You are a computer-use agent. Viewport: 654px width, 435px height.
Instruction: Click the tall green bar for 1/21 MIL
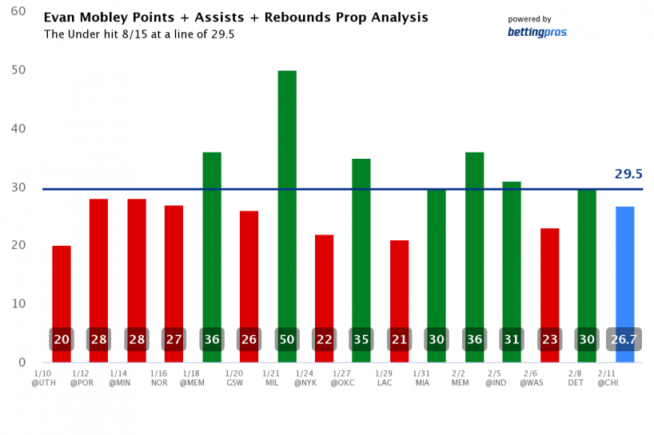[287, 200]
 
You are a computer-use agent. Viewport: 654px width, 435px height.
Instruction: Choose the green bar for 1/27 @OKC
[361, 239]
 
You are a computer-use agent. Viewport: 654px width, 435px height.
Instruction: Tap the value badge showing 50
[287, 339]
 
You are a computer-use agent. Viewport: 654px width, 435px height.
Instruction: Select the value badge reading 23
[550, 339]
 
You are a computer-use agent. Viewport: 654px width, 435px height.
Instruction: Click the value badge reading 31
[512, 339]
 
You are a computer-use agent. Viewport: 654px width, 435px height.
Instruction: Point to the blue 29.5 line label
[628, 174]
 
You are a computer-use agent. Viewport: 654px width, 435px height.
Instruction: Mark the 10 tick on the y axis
[19, 304]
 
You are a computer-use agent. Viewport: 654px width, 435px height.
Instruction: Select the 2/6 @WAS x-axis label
[531, 378]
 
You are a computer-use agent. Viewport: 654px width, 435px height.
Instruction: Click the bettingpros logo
[537, 32]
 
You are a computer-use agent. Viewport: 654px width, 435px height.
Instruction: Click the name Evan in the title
[58, 18]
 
